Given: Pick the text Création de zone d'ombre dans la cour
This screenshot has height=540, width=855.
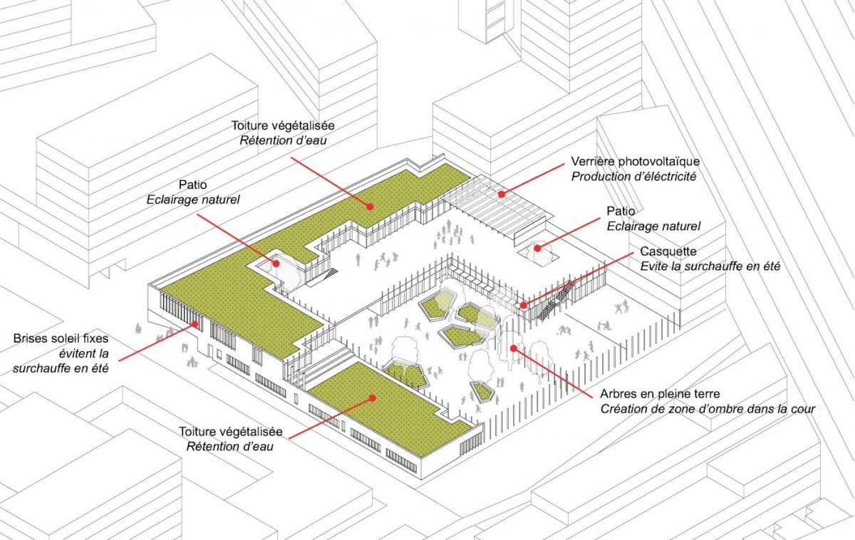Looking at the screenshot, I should click(707, 408).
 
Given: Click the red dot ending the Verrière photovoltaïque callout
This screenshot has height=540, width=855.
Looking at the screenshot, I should click(501, 192).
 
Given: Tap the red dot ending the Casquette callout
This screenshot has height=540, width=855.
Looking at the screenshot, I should click(522, 306).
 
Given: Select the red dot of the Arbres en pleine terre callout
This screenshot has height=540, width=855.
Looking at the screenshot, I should click(512, 348).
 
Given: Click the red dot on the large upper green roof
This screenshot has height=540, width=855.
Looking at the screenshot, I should click(370, 207).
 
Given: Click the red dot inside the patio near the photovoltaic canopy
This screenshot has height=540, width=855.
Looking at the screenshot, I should click(539, 249).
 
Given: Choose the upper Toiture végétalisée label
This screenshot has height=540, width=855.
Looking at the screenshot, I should click(274, 126).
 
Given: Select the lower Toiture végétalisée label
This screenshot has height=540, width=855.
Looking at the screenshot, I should click(231, 432).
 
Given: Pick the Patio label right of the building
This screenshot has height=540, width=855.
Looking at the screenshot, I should click(620, 212).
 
